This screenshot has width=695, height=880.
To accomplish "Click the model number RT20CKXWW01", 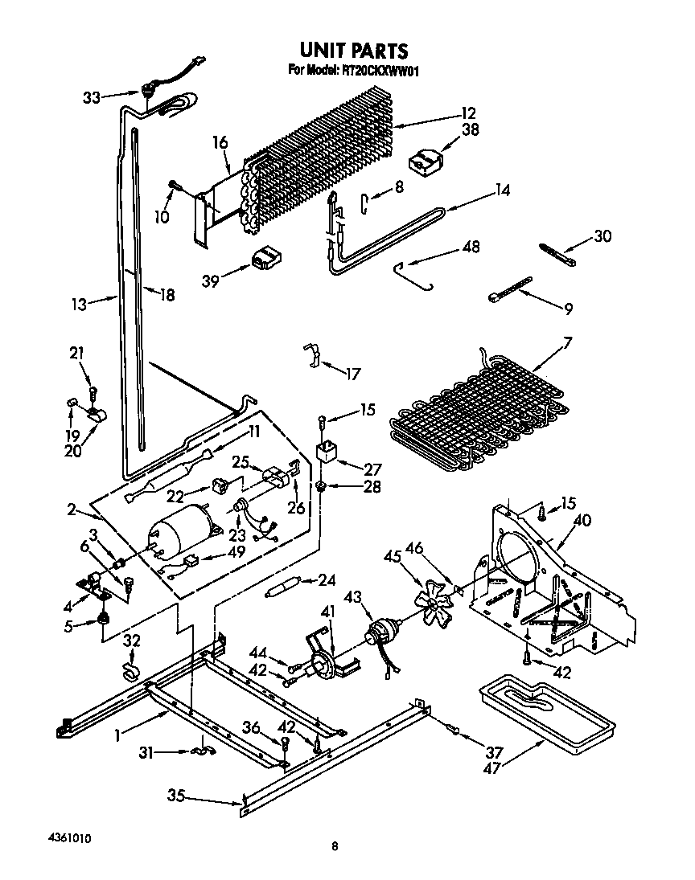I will point(377,71).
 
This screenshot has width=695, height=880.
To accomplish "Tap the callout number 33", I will point(92,97).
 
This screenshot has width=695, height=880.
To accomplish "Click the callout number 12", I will point(468,113).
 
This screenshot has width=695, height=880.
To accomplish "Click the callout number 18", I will point(167,295).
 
